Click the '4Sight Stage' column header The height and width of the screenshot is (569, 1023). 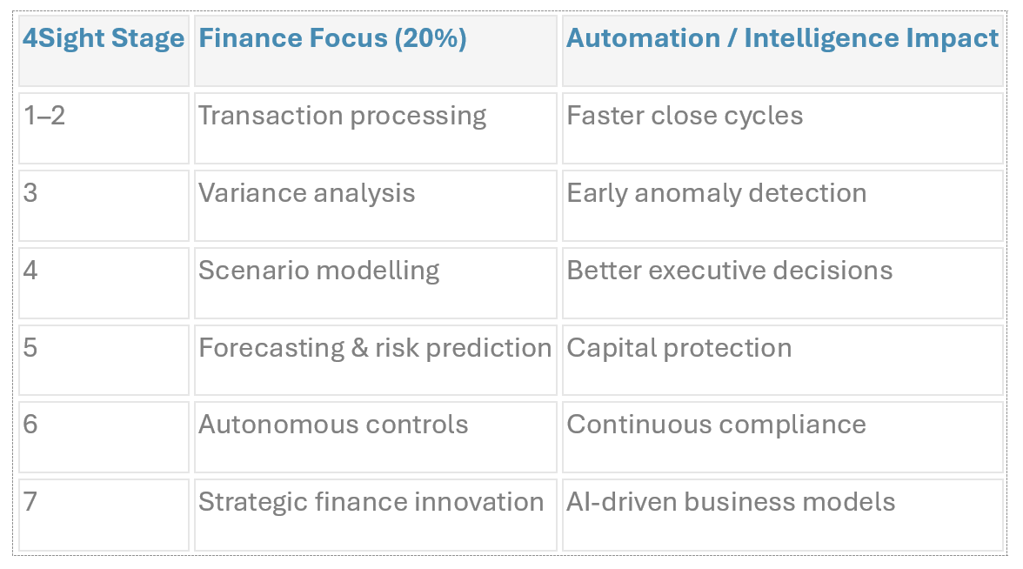pyautogui.click(x=104, y=39)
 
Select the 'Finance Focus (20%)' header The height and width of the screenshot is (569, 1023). pyautogui.click(x=332, y=39)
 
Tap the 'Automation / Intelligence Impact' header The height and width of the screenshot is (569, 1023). pyautogui.click(x=782, y=39)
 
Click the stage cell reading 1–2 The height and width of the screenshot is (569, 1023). pyautogui.click(x=44, y=117)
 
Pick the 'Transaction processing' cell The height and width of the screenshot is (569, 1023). pyautogui.click(x=342, y=117)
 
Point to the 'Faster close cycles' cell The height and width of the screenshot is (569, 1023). pyautogui.click(x=685, y=117)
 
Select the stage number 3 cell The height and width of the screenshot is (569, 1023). pyautogui.click(x=30, y=193)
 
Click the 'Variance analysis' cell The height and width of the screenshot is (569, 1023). pyautogui.click(x=306, y=193)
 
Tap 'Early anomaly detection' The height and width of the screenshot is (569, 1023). pyautogui.click(x=716, y=193)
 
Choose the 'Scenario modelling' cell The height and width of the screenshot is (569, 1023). pyautogui.click(x=318, y=271)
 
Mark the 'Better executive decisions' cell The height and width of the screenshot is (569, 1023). pyautogui.click(x=729, y=271)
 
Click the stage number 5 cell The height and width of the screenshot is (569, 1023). pyautogui.click(x=30, y=348)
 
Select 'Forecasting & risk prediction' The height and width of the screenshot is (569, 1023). pyautogui.click(x=375, y=348)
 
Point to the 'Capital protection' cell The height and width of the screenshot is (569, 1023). pyautogui.click(x=679, y=348)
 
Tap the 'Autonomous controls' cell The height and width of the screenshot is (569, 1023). pyautogui.click(x=333, y=425)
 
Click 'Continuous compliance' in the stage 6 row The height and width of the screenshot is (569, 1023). pyautogui.click(x=716, y=425)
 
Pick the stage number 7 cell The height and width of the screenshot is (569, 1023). pyautogui.click(x=30, y=502)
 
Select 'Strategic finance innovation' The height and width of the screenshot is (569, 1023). pyautogui.click(x=371, y=502)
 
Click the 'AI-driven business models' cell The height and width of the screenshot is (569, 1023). pyautogui.click(x=731, y=502)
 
